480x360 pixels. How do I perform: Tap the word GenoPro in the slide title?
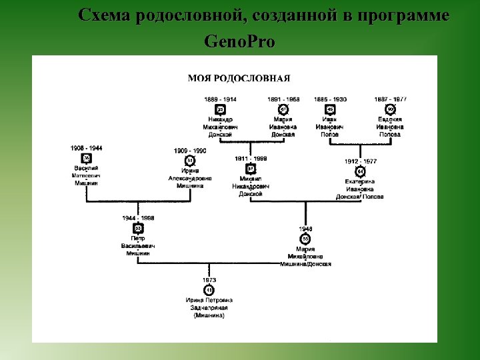click(239, 43)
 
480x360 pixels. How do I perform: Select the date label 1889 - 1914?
click(220, 99)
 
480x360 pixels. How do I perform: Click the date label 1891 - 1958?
click(283, 99)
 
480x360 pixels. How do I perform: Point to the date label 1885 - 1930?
click(331, 99)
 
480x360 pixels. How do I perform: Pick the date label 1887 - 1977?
click(390, 99)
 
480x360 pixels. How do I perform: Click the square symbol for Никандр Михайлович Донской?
click(220, 109)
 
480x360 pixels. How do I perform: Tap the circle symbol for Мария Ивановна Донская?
click(283, 109)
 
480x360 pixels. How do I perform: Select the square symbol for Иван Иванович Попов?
click(330, 109)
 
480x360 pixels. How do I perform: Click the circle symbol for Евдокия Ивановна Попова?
click(390, 109)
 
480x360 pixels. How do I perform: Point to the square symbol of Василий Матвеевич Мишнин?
click(86, 158)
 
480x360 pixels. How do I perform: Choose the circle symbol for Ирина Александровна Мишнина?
click(190, 161)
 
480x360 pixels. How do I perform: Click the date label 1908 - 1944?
click(86, 148)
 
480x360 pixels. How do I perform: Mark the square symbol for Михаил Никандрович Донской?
click(251, 169)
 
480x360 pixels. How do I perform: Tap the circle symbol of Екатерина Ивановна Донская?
click(360, 171)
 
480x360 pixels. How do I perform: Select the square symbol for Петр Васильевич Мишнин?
click(138, 228)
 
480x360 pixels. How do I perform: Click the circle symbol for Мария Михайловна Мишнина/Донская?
click(305, 239)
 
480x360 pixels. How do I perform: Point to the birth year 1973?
click(209, 281)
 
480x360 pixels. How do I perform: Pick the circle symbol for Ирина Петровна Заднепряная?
click(209, 291)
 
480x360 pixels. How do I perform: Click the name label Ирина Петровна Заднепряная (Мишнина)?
click(209, 308)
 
